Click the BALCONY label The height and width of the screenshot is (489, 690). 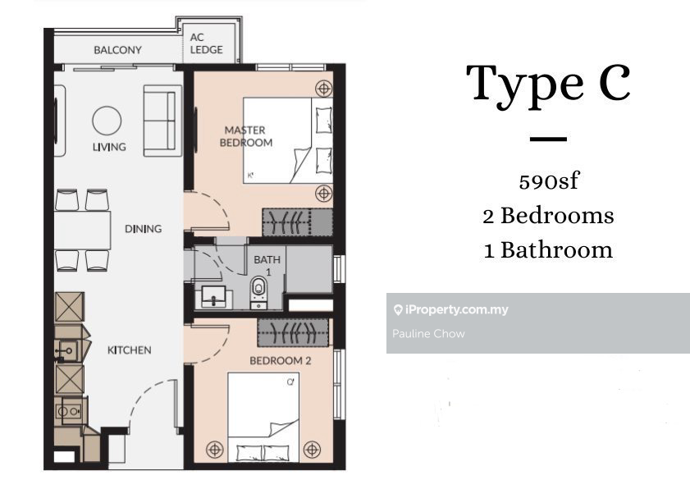(x=117, y=50)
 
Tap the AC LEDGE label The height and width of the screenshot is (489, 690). (x=207, y=43)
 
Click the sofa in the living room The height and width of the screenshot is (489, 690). (x=162, y=121)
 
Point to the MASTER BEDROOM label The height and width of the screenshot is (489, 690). (x=246, y=136)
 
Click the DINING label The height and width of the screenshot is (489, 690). (x=143, y=229)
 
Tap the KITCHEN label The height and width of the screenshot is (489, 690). (x=130, y=350)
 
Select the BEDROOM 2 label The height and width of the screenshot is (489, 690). (x=281, y=361)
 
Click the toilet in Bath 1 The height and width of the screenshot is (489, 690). (x=258, y=292)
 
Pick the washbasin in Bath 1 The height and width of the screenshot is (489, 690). (x=214, y=296)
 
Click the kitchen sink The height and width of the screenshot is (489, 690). (x=68, y=351)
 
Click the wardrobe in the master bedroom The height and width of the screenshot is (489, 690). (x=298, y=222)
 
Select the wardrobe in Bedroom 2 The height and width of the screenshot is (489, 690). (x=293, y=332)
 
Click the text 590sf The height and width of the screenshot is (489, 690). (x=548, y=181)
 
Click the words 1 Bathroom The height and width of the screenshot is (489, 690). (x=548, y=250)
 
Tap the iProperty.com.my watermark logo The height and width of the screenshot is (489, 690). (x=451, y=310)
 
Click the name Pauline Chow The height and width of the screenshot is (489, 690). (x=428, y=334)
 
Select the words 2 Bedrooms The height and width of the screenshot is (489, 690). (x=548, y=216)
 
